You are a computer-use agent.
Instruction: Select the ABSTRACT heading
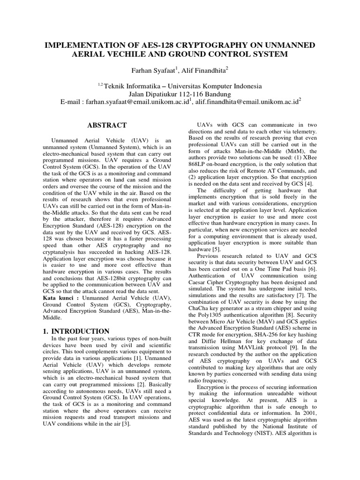pyautogui.click(x=107, y=125)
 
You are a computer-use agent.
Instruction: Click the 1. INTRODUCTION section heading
pyautogui.click(x=76, y=331)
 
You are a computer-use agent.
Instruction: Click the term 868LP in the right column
pyautogui.click(x=198, y=164)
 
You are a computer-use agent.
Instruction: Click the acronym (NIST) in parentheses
pyautogui.click(x=276, y=433)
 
